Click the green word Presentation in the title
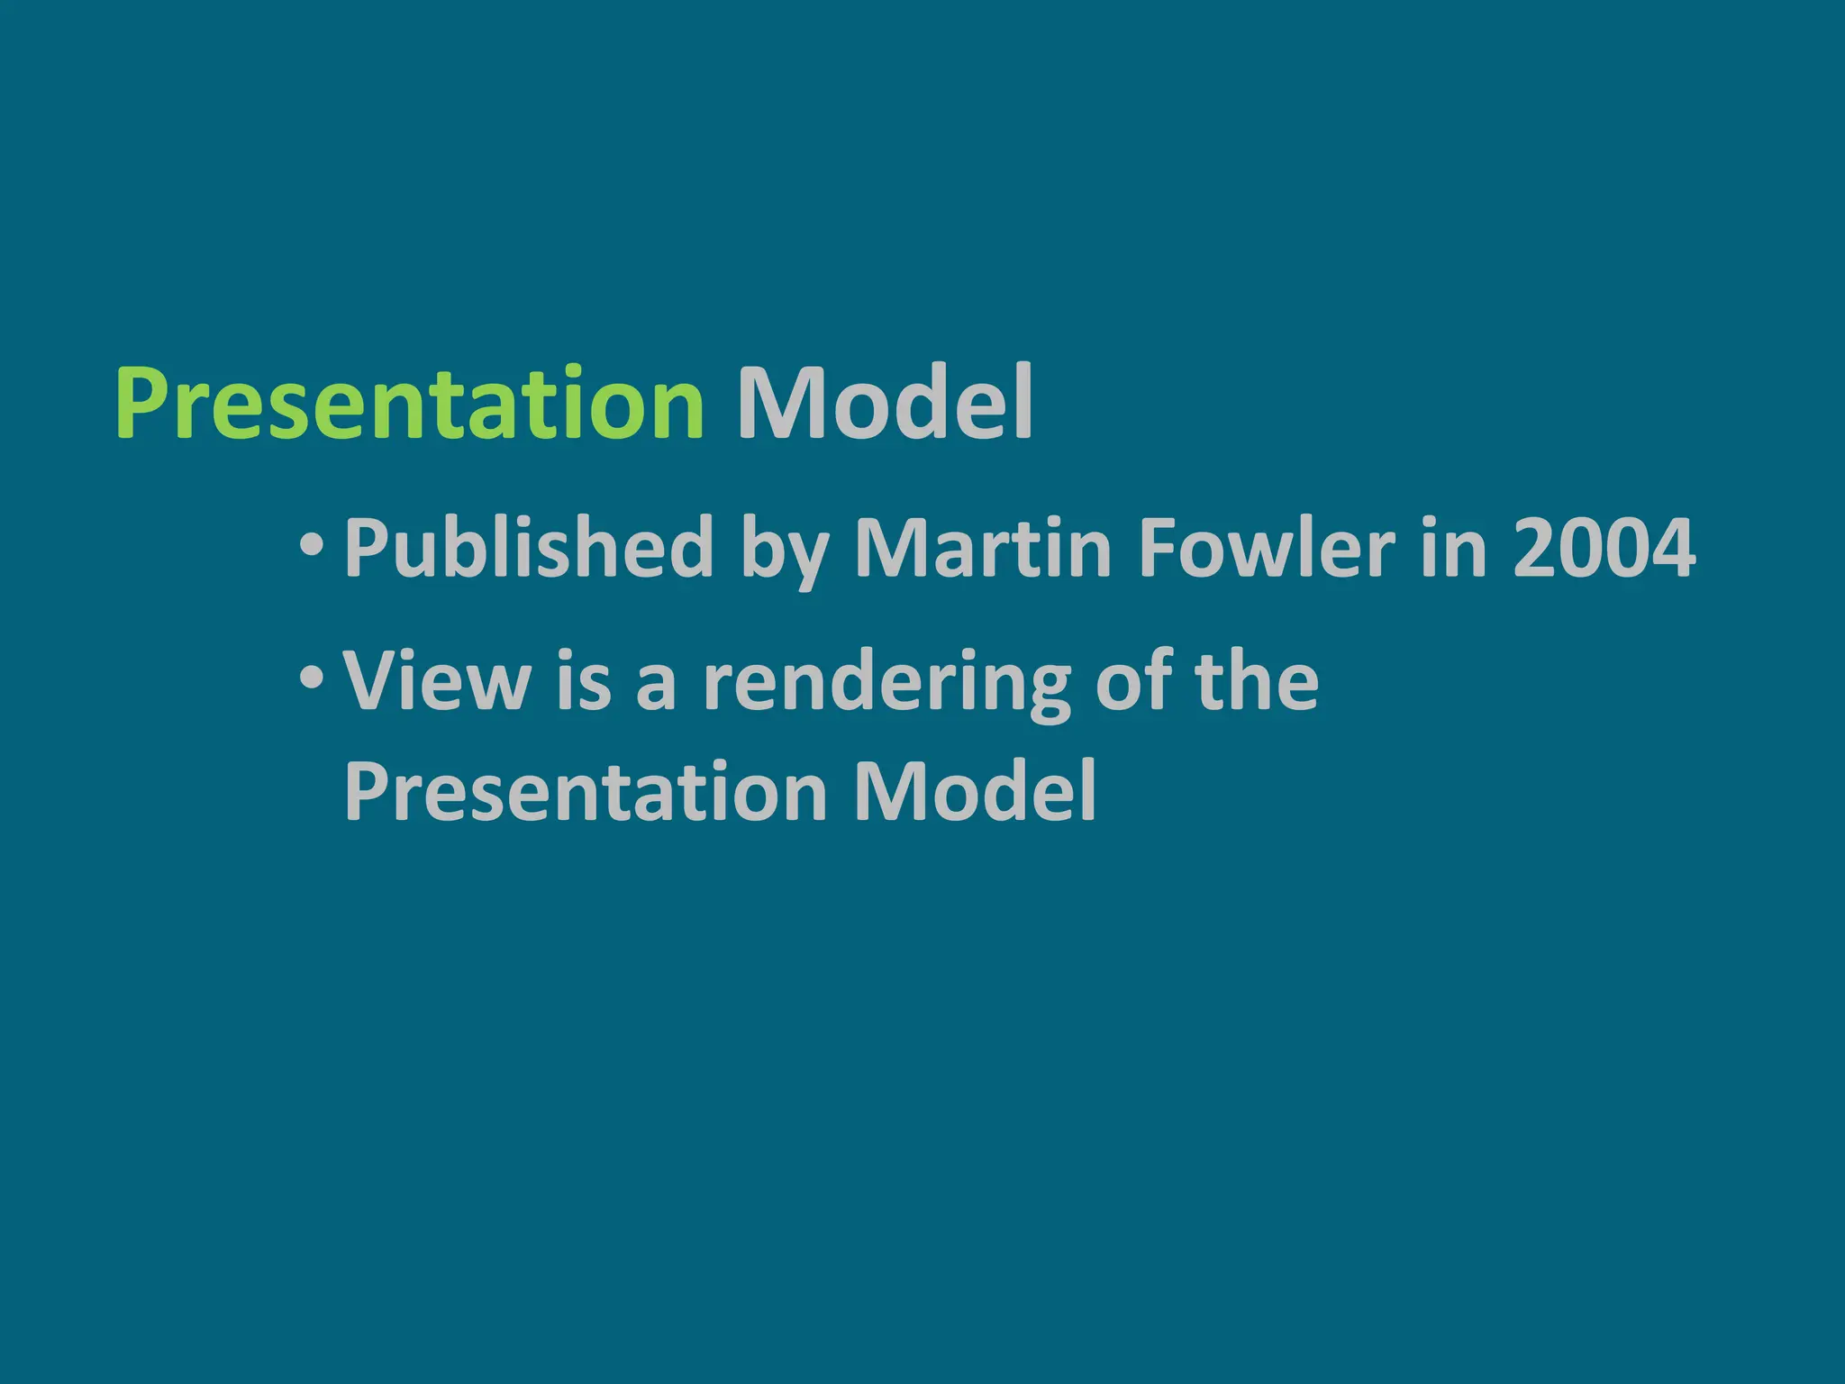pyautogui.click(x=410, y=404)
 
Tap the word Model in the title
pyautogui.click(x=884, y=404)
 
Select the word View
pyautogui.click(x=438, y=681)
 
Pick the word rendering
pyautogui.click(x=886, y=685)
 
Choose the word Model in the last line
pyautogui.click(x=975, y=791)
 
